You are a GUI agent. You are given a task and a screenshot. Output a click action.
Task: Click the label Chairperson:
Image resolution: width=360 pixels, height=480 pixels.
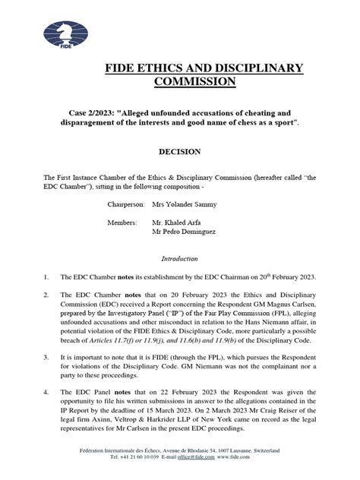(130, 205)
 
